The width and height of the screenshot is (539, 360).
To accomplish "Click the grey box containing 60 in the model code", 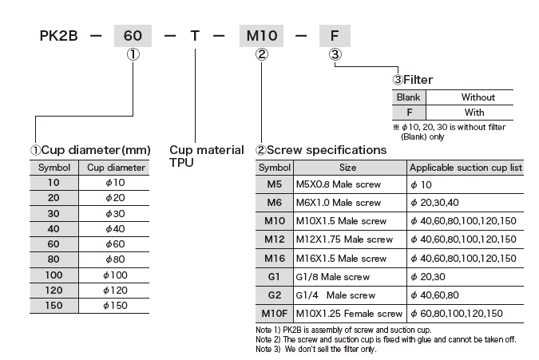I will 134,36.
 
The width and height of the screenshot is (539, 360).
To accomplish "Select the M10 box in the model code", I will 260,36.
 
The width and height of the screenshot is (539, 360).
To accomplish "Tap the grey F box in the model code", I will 335,36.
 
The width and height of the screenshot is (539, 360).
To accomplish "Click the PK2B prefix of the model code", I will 58,37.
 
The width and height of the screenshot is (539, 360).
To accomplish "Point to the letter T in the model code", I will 193,37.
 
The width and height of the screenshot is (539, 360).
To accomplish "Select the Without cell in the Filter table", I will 478,97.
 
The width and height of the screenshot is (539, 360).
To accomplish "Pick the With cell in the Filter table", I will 478,112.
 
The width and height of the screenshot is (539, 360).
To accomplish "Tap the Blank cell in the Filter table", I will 408,97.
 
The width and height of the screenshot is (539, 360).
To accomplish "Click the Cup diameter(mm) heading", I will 90,150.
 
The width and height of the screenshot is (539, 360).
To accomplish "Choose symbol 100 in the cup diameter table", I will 54,275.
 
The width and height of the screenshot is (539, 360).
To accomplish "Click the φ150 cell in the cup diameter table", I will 116,304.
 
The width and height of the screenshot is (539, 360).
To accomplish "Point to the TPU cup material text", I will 182,162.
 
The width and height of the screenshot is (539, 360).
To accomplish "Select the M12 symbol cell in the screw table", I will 275,239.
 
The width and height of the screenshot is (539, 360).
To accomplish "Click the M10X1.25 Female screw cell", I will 349,314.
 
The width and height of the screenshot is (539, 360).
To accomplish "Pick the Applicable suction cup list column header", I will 466,168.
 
